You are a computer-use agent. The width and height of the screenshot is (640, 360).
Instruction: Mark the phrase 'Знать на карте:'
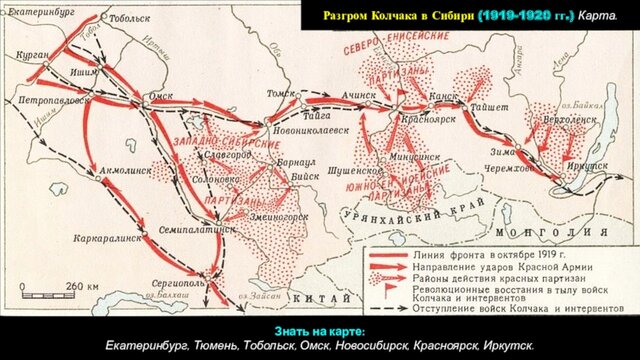click(x=319, y=331)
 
